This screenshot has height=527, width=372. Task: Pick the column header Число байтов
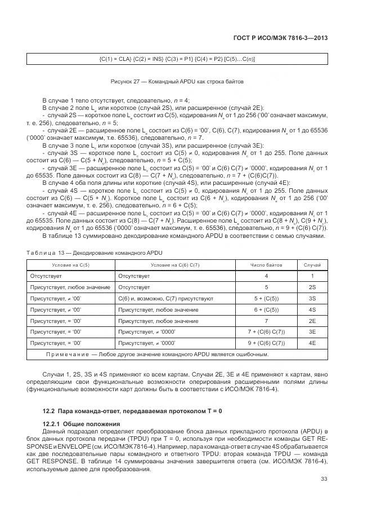(x=266, y=264)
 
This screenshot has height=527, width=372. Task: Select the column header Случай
(x=312, y=264)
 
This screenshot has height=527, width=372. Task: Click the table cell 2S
(x=312, y=287)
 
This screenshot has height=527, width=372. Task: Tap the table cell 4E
(x=312, y=343)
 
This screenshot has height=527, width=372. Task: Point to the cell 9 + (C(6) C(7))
(x=266, y=343)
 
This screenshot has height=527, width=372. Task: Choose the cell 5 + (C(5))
(x=266, y=298)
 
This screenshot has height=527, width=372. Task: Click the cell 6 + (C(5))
(x=266, y=309)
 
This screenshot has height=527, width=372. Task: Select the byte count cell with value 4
(x=266, y=276)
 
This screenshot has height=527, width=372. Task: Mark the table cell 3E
(x=312, y=331)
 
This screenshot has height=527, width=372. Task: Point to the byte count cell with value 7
(x=266, y=321)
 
